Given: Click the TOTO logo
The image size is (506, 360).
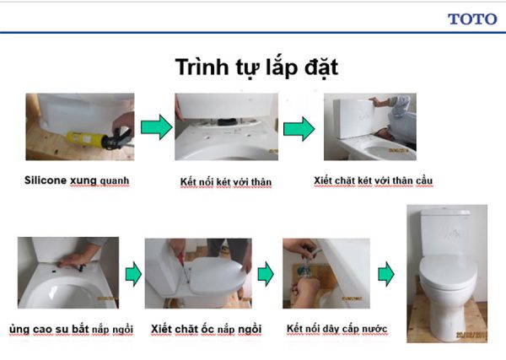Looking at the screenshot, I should tap(471, 19).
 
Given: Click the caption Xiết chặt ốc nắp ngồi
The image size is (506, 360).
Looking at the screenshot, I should tap(206, 328).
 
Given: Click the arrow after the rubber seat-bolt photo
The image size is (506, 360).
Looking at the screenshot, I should tap(132, 274).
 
